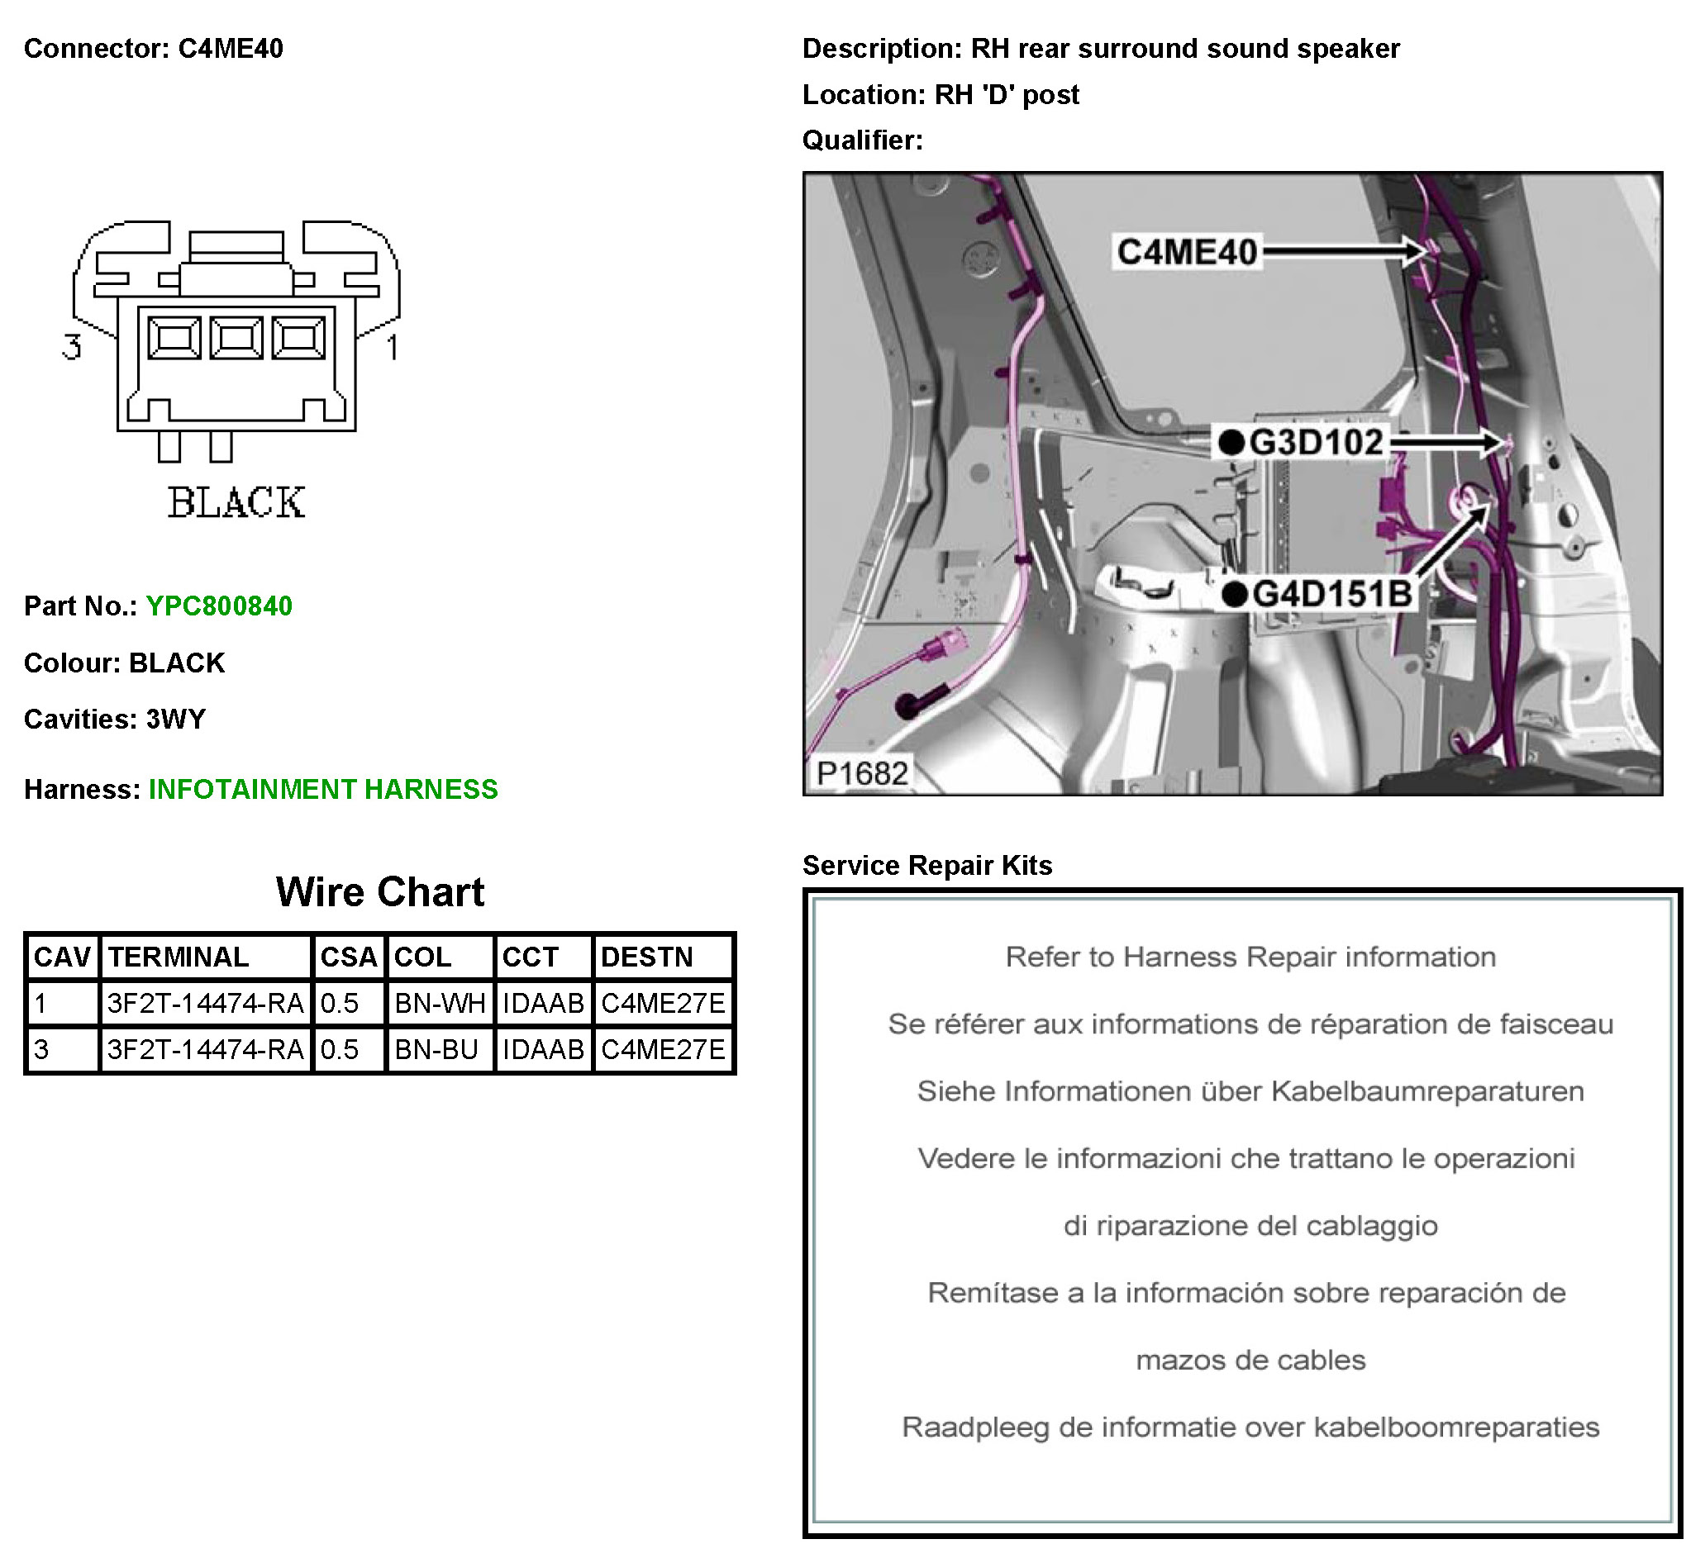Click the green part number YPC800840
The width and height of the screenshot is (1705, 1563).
(219, 606)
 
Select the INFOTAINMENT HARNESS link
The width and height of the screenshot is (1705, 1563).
(323, 790)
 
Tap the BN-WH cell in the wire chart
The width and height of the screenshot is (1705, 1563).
(440, 1004)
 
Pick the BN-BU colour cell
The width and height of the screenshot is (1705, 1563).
(436, 1051)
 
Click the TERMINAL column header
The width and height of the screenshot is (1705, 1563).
(179, 957)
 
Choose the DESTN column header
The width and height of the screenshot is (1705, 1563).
(646, 957)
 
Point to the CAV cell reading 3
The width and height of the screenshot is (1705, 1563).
(41, 1051)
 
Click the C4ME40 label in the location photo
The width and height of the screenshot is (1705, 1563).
(1187, 252)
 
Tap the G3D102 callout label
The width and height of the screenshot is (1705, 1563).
(1315, 442)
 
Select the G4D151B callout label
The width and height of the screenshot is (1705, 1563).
(1331, 594)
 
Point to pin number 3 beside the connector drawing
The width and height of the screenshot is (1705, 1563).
(72, 347)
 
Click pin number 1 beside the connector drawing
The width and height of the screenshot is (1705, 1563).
(393, 347)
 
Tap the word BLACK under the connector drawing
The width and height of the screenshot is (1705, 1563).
(236, 502)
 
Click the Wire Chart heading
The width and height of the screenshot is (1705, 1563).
(380, 892)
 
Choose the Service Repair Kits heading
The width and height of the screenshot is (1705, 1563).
(927, 866)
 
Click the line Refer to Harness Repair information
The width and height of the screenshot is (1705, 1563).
(1250, 957)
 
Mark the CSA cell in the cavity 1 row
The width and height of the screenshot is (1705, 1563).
(341, 1004)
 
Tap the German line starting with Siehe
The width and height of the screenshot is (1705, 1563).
(1250, 1092)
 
